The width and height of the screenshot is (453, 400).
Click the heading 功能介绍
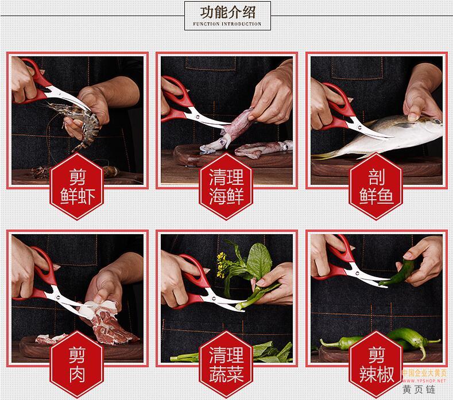point(228,12)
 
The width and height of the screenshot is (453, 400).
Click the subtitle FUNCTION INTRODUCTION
point(227,24)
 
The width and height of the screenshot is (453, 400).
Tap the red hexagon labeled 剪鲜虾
point(77,187)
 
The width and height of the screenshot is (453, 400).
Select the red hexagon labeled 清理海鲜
point(226,187)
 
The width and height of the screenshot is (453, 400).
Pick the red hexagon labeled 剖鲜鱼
point(376,187)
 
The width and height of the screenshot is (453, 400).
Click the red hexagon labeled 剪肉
point(77,364)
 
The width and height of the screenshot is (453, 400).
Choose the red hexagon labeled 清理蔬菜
point(226,364)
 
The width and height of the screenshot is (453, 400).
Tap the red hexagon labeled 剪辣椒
point(376,364)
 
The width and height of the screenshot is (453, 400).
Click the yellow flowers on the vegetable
point(221,264)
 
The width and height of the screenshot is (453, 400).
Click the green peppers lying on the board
point(384,341)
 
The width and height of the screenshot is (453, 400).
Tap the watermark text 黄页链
point(419,390)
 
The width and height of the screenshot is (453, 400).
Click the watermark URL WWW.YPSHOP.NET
point(424,381)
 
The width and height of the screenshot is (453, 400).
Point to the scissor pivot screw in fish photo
point(359,126)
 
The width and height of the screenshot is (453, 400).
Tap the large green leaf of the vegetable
point(259,261)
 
